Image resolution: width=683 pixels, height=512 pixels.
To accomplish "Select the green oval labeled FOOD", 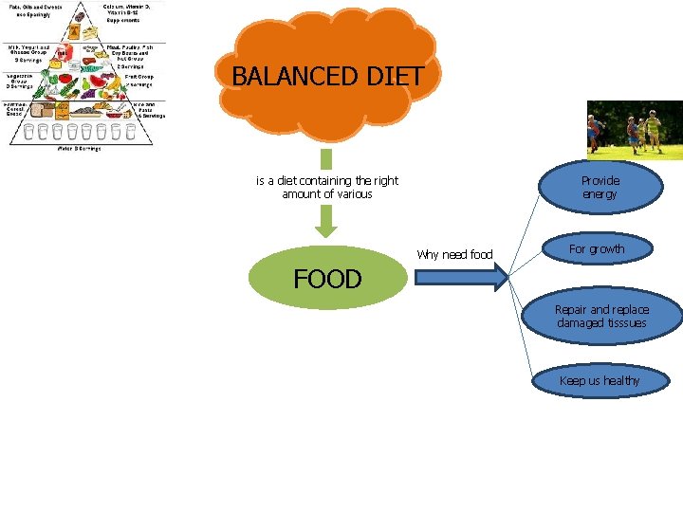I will point(327,278).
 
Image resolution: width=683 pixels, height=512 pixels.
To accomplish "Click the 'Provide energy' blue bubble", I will point(600,187).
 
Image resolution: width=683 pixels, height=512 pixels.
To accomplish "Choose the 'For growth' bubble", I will point(597,249).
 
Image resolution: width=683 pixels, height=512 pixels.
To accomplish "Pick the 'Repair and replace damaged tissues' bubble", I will point(602,317).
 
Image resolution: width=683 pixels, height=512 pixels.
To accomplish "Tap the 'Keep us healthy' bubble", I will point(600,380).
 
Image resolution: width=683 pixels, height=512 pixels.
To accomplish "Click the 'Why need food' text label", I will point(455,254).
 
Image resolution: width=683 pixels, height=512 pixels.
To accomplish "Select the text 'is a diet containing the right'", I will point(327,180).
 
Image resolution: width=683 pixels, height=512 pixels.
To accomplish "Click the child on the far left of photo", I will point(594,132).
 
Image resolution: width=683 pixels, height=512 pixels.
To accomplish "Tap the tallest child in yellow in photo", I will point(654,131).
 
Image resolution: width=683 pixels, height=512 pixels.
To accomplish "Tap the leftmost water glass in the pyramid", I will point(28,132).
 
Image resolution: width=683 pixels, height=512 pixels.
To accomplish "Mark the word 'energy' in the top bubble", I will point(600,194).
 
